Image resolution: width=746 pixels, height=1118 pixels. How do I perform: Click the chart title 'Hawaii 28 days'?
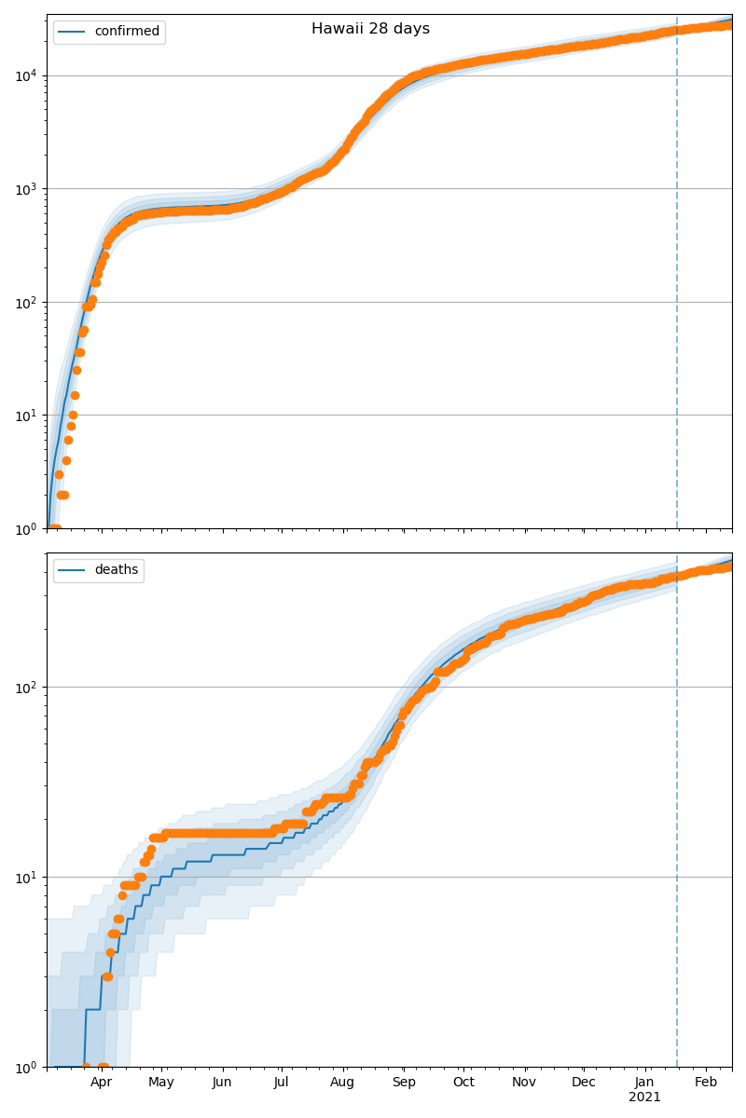(370, 29)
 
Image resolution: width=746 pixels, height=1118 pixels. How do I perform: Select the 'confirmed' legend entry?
(127, 32)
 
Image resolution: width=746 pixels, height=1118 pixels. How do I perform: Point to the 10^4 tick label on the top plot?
(26, 75)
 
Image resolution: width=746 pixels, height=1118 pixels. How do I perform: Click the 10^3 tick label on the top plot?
(26, 189)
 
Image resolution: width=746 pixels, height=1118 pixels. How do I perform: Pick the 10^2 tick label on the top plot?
(26, 302)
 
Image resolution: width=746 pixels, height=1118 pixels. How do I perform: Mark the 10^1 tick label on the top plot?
(26, 416)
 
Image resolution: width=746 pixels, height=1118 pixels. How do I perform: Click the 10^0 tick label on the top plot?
(26, 528)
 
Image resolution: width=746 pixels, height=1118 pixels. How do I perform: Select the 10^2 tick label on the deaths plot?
(26, 688)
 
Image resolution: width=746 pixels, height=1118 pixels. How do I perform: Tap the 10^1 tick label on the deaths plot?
(26, 877)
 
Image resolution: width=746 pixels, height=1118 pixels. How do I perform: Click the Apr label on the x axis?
(101, 1083)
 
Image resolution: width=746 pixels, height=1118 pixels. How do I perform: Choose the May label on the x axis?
(161, 1083)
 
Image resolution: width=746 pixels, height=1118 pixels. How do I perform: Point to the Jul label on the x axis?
(282, 1083)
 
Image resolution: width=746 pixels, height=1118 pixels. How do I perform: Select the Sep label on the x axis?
(404, 1083)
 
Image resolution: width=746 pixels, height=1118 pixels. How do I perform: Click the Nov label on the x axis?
(525, 1083)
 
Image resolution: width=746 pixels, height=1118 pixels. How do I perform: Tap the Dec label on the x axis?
(584, 1083)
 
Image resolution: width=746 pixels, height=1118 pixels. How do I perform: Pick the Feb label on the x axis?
(706, 1083)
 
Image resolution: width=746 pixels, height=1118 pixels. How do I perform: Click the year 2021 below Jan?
(644, 1098)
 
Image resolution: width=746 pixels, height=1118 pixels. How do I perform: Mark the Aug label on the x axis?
(343, 1083)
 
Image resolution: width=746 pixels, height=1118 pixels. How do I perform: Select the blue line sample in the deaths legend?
(73, 570)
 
